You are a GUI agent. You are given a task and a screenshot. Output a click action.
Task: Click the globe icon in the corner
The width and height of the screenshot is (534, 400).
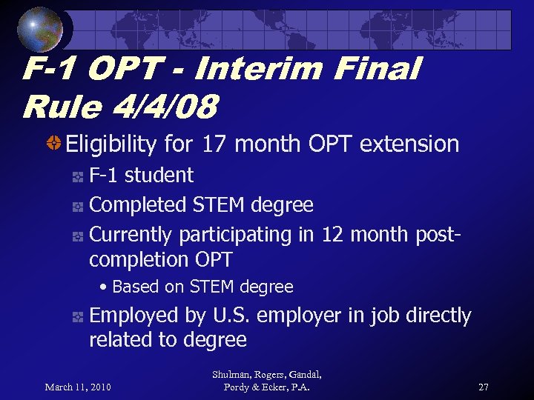tap(40, 29)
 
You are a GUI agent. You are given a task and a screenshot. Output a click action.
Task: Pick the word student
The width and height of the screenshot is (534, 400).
tap(159, 176)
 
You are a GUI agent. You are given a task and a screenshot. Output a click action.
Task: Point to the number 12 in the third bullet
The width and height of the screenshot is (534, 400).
tap(330, 235)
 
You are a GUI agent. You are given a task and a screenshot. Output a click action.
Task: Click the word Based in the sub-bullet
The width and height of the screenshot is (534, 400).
tap(135, 287)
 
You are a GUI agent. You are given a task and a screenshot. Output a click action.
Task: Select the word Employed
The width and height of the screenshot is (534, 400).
tap(134, 316)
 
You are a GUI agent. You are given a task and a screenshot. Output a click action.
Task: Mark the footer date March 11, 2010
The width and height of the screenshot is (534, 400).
tap(78, 387)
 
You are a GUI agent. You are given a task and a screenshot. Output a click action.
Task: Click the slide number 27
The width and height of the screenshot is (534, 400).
tap(483, 387)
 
